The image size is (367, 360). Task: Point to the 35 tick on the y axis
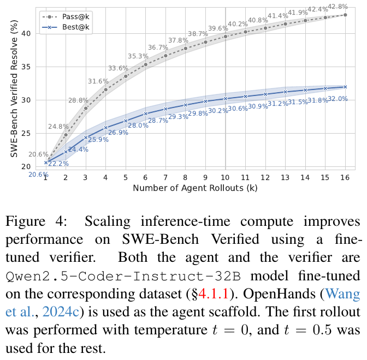25,67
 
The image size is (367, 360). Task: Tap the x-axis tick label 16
345,178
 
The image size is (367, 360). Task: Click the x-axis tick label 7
165,178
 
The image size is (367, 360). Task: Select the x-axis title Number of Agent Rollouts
195,188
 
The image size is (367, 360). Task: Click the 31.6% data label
99,81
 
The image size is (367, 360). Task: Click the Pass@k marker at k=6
146,64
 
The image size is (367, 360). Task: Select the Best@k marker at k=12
265,94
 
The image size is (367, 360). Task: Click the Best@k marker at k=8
186,105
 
